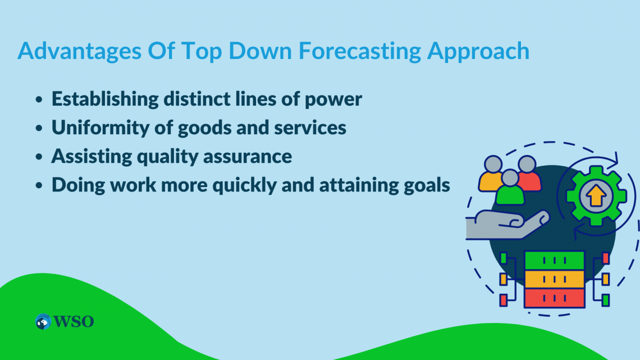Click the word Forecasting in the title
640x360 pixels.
(360, 52)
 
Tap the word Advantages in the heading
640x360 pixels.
(79, 52)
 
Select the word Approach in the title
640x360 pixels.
(478, 52)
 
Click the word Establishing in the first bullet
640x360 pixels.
(105, 99)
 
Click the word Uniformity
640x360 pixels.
(100, 127)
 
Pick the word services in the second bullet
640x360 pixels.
(310, 127)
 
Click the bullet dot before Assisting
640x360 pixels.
(39, 157)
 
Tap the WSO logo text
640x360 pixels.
(74, 322)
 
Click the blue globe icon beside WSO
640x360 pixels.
(43, 322)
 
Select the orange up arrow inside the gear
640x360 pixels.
(596, 195)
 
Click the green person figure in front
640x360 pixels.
(510, 188)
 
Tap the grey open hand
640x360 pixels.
(506, 225)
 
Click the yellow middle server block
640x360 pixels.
(554, 280)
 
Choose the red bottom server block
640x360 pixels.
(554, 298)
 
